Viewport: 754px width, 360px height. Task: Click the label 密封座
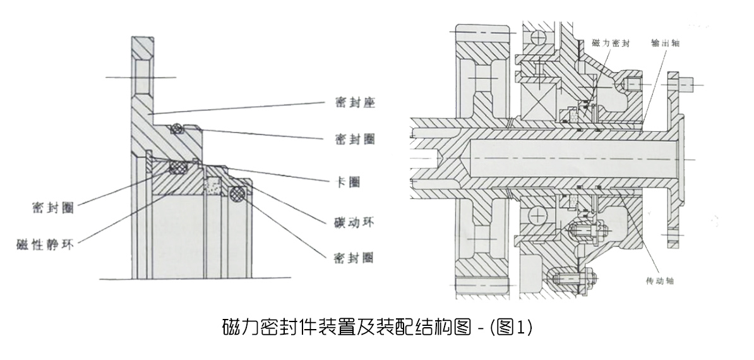coord(354,102)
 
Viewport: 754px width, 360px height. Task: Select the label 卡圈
coord(345,182)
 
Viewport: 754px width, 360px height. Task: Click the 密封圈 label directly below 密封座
coord(354,140)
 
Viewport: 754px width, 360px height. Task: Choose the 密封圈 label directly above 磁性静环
coord(52,207)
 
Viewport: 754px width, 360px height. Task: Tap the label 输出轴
coord(665,44)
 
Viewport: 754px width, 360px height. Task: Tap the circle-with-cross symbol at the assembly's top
coord(537,37)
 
